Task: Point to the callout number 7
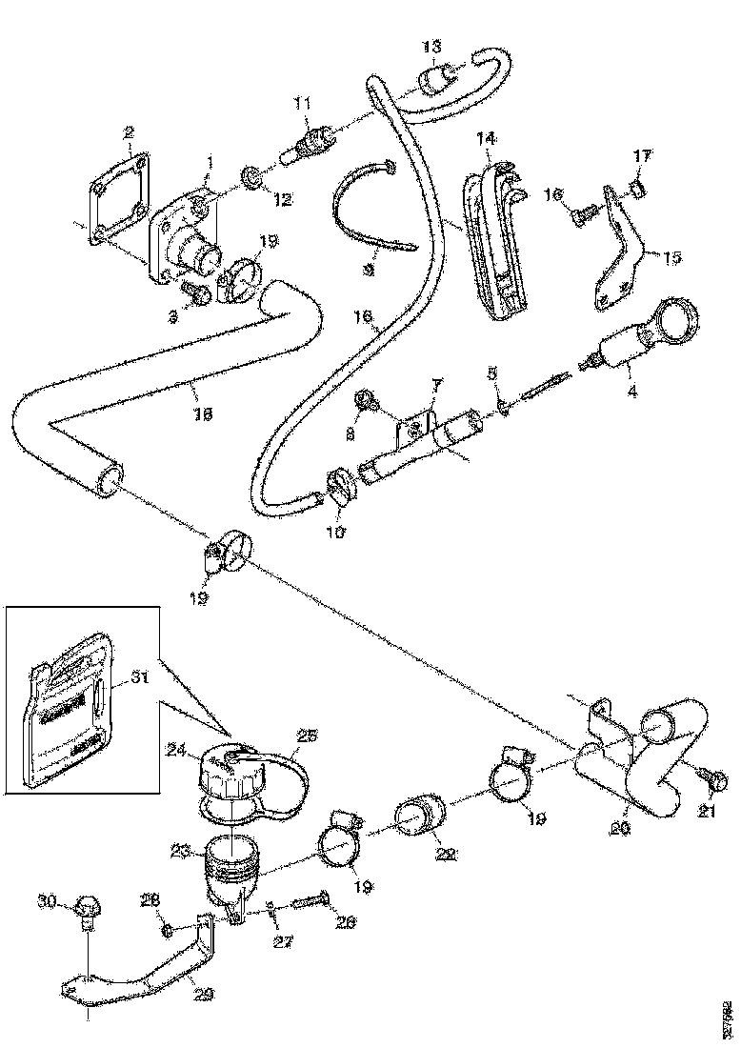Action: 437,384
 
